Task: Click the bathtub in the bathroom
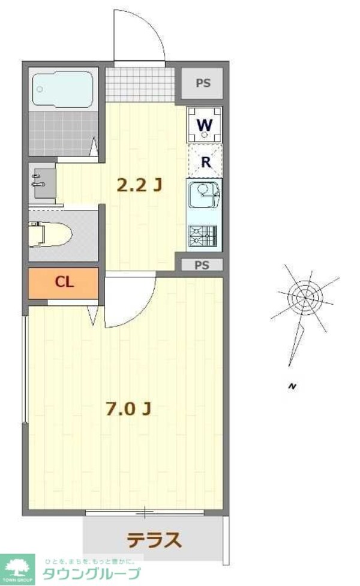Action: (x=62, y=89)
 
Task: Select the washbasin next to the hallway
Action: (x=42, y=182)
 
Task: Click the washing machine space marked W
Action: (x=205, y=125)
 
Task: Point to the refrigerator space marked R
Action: (x=205, y=161)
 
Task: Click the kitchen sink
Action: (x=205, y=196)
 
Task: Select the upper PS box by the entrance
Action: (x=203, y=83)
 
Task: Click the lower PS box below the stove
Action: (x=202, y=265)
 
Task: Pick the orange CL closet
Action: (x=64, y=283)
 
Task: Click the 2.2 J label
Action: (x=139, y=185)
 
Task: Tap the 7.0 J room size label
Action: (x=128, y=409)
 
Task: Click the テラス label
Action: (x=154, y=540)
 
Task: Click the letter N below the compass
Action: (x=292, y=386)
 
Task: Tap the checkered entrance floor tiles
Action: (x=140, y=83)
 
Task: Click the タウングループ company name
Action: (x=90, y=573)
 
